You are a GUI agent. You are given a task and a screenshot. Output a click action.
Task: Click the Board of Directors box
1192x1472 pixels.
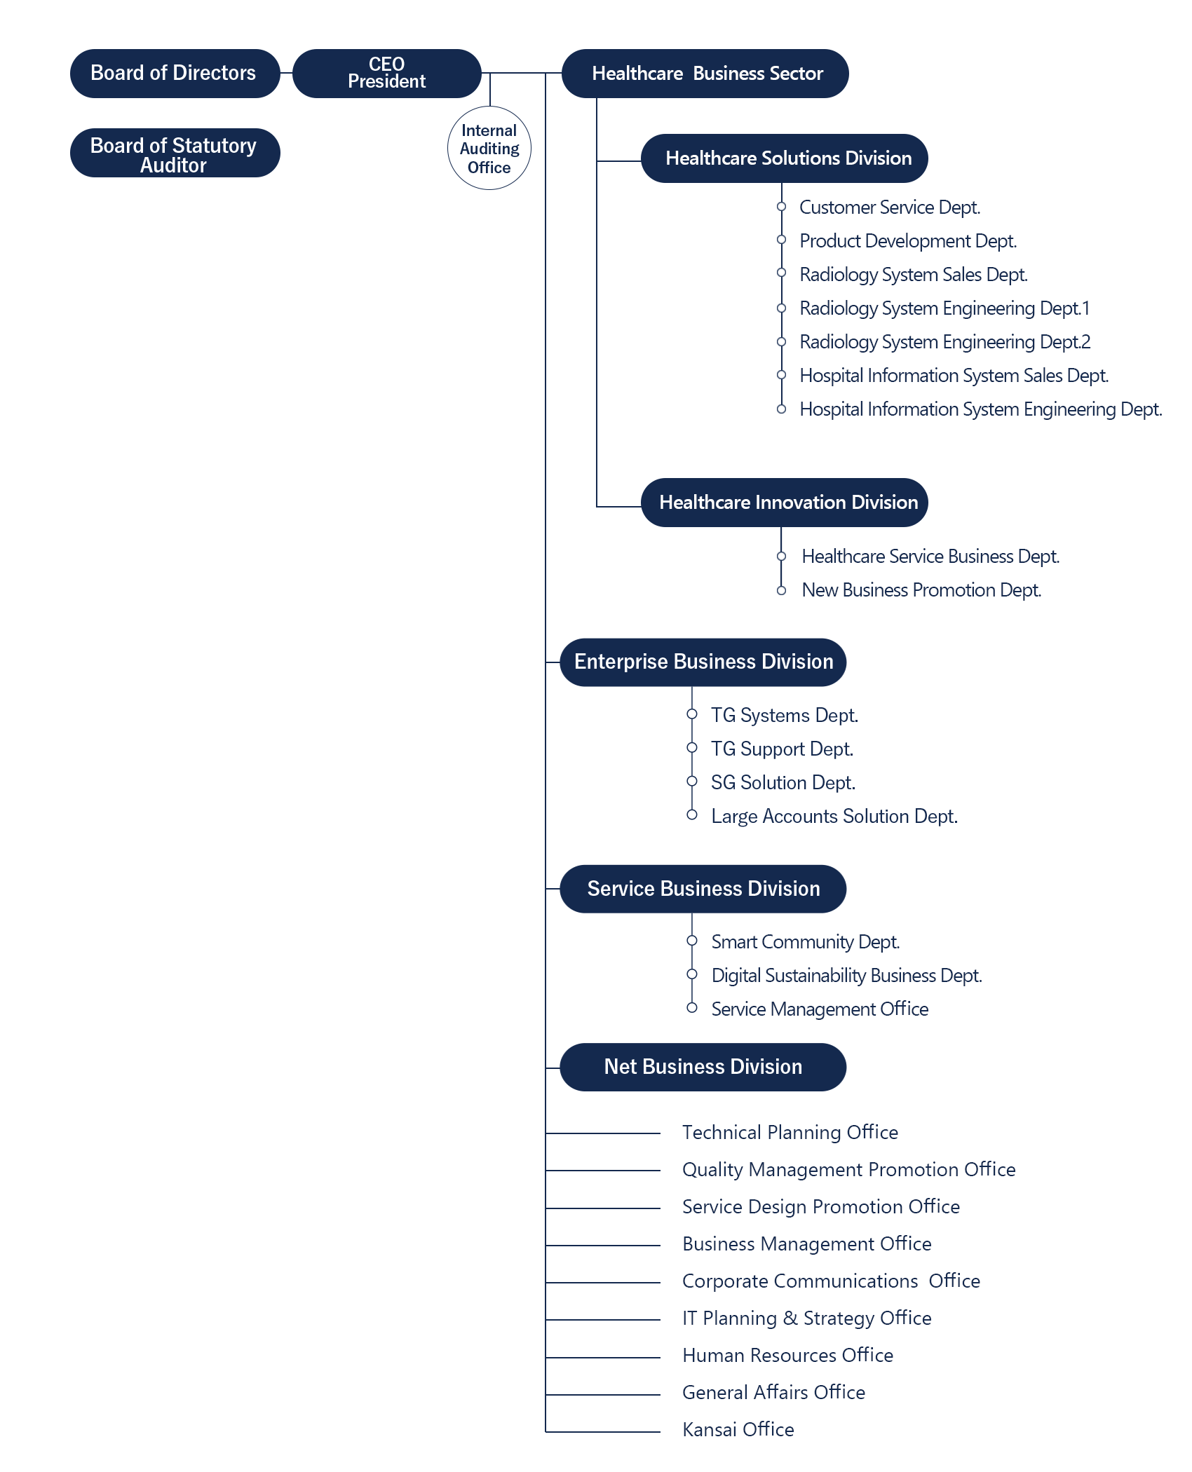point(175,74)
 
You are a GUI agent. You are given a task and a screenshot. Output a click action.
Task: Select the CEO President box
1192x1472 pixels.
point(386,74)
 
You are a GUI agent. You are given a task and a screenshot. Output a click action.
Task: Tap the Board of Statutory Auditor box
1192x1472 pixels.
point(175,153)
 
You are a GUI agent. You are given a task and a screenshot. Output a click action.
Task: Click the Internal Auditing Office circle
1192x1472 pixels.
point(489,148)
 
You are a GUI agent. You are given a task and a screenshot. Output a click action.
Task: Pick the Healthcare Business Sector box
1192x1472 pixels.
point(705,74)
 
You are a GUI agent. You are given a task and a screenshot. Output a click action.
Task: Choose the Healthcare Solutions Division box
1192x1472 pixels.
point(785,158)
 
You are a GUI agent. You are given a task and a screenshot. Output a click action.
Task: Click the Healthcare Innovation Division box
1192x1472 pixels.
point(785,503)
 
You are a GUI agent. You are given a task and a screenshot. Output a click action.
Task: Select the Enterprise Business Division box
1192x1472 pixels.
point(703,662)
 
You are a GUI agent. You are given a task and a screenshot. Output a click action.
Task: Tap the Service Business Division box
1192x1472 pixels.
point(703,889)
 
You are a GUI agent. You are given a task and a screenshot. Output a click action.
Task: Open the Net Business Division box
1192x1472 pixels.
point(703,1067)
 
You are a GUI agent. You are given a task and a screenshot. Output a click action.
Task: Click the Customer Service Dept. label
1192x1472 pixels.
point(890,207)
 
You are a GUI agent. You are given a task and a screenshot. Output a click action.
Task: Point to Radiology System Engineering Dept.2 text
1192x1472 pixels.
point(945,342)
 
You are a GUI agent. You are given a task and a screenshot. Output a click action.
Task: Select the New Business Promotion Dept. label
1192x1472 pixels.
point(921,590)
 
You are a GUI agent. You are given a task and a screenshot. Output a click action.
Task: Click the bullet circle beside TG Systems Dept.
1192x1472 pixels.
point(692,714)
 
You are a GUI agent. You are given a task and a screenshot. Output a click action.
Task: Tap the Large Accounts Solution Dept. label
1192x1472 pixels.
point(834,817)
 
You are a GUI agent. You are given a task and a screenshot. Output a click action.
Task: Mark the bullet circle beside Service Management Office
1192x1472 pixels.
point(692,1008)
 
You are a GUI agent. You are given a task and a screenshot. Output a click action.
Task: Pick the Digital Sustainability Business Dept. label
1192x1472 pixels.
point(847,976)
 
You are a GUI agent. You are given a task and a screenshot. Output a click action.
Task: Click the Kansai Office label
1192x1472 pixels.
point(738,1430)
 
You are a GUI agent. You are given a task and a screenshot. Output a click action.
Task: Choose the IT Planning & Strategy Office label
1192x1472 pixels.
point(807,1318)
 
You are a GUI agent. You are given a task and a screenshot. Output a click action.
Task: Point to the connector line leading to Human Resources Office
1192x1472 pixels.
point(603,1358)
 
